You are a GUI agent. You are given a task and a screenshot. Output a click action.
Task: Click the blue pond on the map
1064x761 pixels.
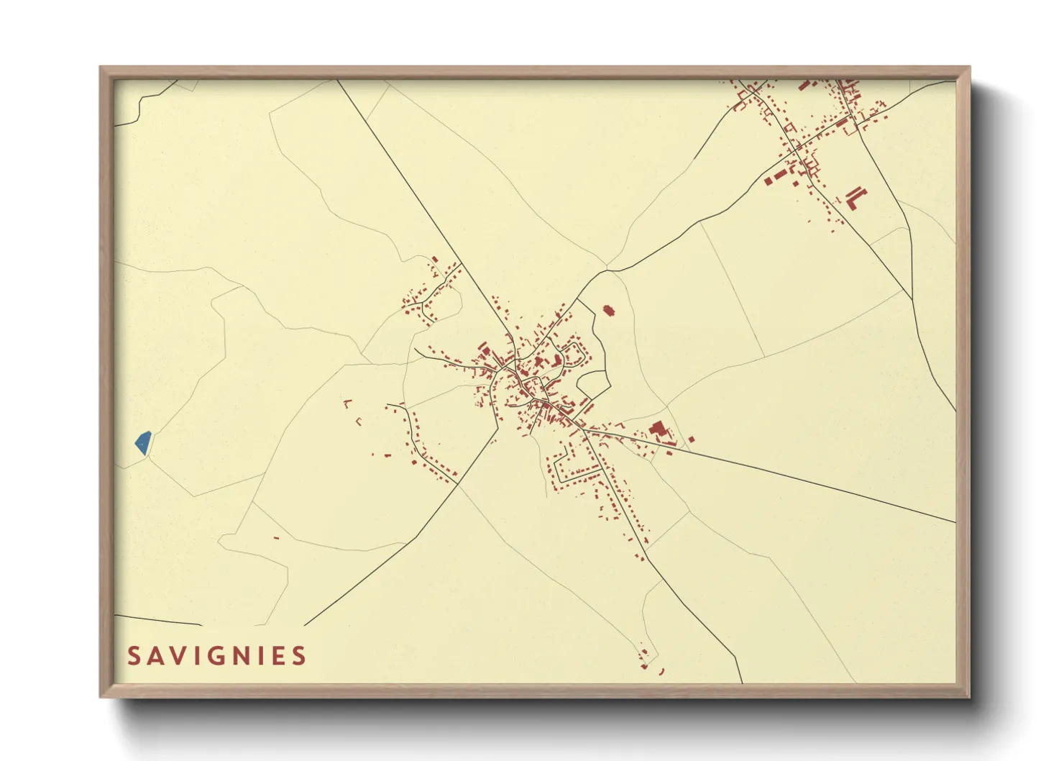143,442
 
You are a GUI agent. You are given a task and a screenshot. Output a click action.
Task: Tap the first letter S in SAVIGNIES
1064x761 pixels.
134,656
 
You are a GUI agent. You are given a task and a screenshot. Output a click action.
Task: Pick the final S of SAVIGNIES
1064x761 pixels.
300,656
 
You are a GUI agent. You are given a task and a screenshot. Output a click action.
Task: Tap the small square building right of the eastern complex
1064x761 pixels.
692,439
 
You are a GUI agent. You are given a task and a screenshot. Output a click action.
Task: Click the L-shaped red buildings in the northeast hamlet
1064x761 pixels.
856,197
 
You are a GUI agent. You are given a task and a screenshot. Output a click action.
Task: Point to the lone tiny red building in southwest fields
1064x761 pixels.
276,538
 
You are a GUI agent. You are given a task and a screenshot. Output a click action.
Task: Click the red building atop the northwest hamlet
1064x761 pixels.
435,259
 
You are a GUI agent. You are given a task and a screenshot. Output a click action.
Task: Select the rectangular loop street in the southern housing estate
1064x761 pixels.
575,464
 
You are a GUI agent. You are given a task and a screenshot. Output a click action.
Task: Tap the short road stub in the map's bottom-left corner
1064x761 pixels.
158,620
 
